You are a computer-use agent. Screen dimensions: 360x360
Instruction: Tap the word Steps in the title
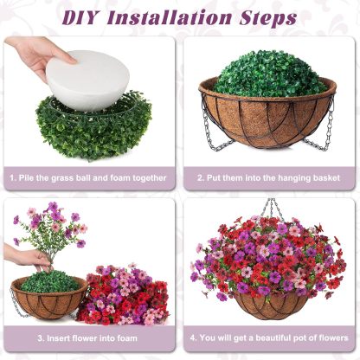268,16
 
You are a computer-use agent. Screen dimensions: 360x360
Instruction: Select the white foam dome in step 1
87,74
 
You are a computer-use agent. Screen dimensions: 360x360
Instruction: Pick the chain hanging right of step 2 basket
328,130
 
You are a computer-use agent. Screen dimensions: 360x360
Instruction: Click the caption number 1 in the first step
13,178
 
